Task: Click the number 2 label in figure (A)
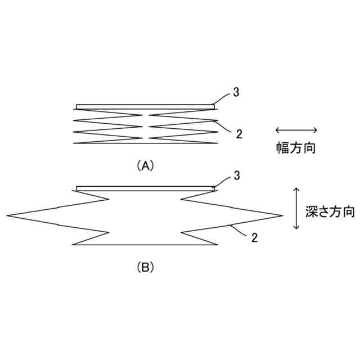[239, 134]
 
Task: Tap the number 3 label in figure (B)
[237, 176]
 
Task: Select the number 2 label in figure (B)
[254, 237]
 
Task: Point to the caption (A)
[145, 165]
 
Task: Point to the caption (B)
[145, 267]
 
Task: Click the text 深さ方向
[330, 211]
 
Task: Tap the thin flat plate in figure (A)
[145, 106]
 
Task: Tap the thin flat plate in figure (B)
[145, 188]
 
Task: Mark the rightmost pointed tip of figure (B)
[282, 215]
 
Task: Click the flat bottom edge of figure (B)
[145, 245]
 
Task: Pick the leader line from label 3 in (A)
[222, 98]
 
